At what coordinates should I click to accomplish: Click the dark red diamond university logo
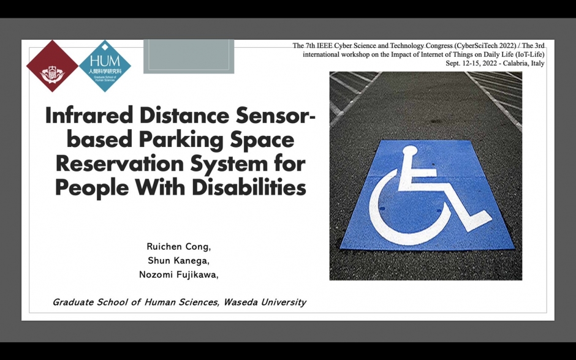click(x=52, y=66)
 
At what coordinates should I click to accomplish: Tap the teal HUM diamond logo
click(x=105, y=66)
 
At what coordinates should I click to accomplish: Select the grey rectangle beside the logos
click(x=189, y=56)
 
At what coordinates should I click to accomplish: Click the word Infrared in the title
click(x=89, y=115)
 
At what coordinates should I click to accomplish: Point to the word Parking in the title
click(x=181, y=140)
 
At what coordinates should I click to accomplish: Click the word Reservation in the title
click(x=119, y=163)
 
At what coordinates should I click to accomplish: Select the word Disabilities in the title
click(x=249, y=187)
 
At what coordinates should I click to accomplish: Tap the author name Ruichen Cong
click(x=178, y=247)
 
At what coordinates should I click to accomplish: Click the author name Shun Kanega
click(x=178, y=261)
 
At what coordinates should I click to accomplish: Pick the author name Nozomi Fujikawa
click(x=178, y=274)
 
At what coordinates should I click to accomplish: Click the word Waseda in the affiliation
click(x=240, y=302)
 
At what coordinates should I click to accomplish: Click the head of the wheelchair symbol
click(x=410, y=151)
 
